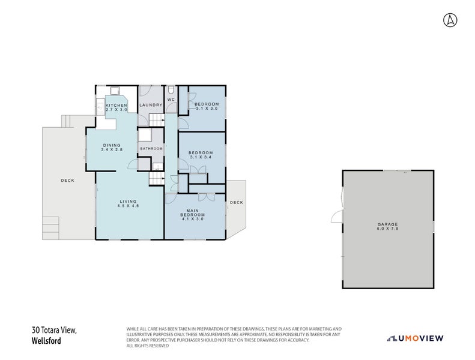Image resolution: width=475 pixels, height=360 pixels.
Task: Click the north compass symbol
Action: pyautogui.click(x=450, y=20)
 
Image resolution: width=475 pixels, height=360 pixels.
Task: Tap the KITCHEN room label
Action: pyautogui.click(x=116, y=106)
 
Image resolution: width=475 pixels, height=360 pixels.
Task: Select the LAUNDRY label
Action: pyautogui.click(x=151, y=106)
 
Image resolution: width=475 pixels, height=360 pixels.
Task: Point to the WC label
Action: pyautogui.click(x=171, y=99)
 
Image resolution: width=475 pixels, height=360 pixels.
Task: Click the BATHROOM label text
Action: pyautogui.click(x=151, y=148)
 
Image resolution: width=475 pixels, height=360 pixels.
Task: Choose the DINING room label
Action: pyautogui.click(x=112, y=145)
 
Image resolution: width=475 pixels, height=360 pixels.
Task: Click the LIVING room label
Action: pyautogui.click(x=128, y=201)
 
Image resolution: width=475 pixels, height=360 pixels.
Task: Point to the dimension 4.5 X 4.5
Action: pyautogui.click(x=128, y=206)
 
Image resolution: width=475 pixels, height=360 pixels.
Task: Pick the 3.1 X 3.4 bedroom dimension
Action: pyautogui.click(x=201, y=157)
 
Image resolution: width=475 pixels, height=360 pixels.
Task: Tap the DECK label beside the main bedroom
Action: pyautogui.click(x=237, y=202)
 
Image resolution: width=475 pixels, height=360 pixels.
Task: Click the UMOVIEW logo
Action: pyautogui.click(x=415, y=338)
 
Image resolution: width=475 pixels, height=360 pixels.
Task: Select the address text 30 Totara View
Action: pyautogui.click(x=55, y=330)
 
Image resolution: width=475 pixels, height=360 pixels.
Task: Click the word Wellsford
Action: pyautogui.click(x=46, y=341)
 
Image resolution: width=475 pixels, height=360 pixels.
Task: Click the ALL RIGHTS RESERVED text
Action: pyautogui.click(x=147, y=346)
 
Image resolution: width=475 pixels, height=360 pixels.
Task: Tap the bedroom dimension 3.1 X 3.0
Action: pyautogui.click(x=207, y=109)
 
